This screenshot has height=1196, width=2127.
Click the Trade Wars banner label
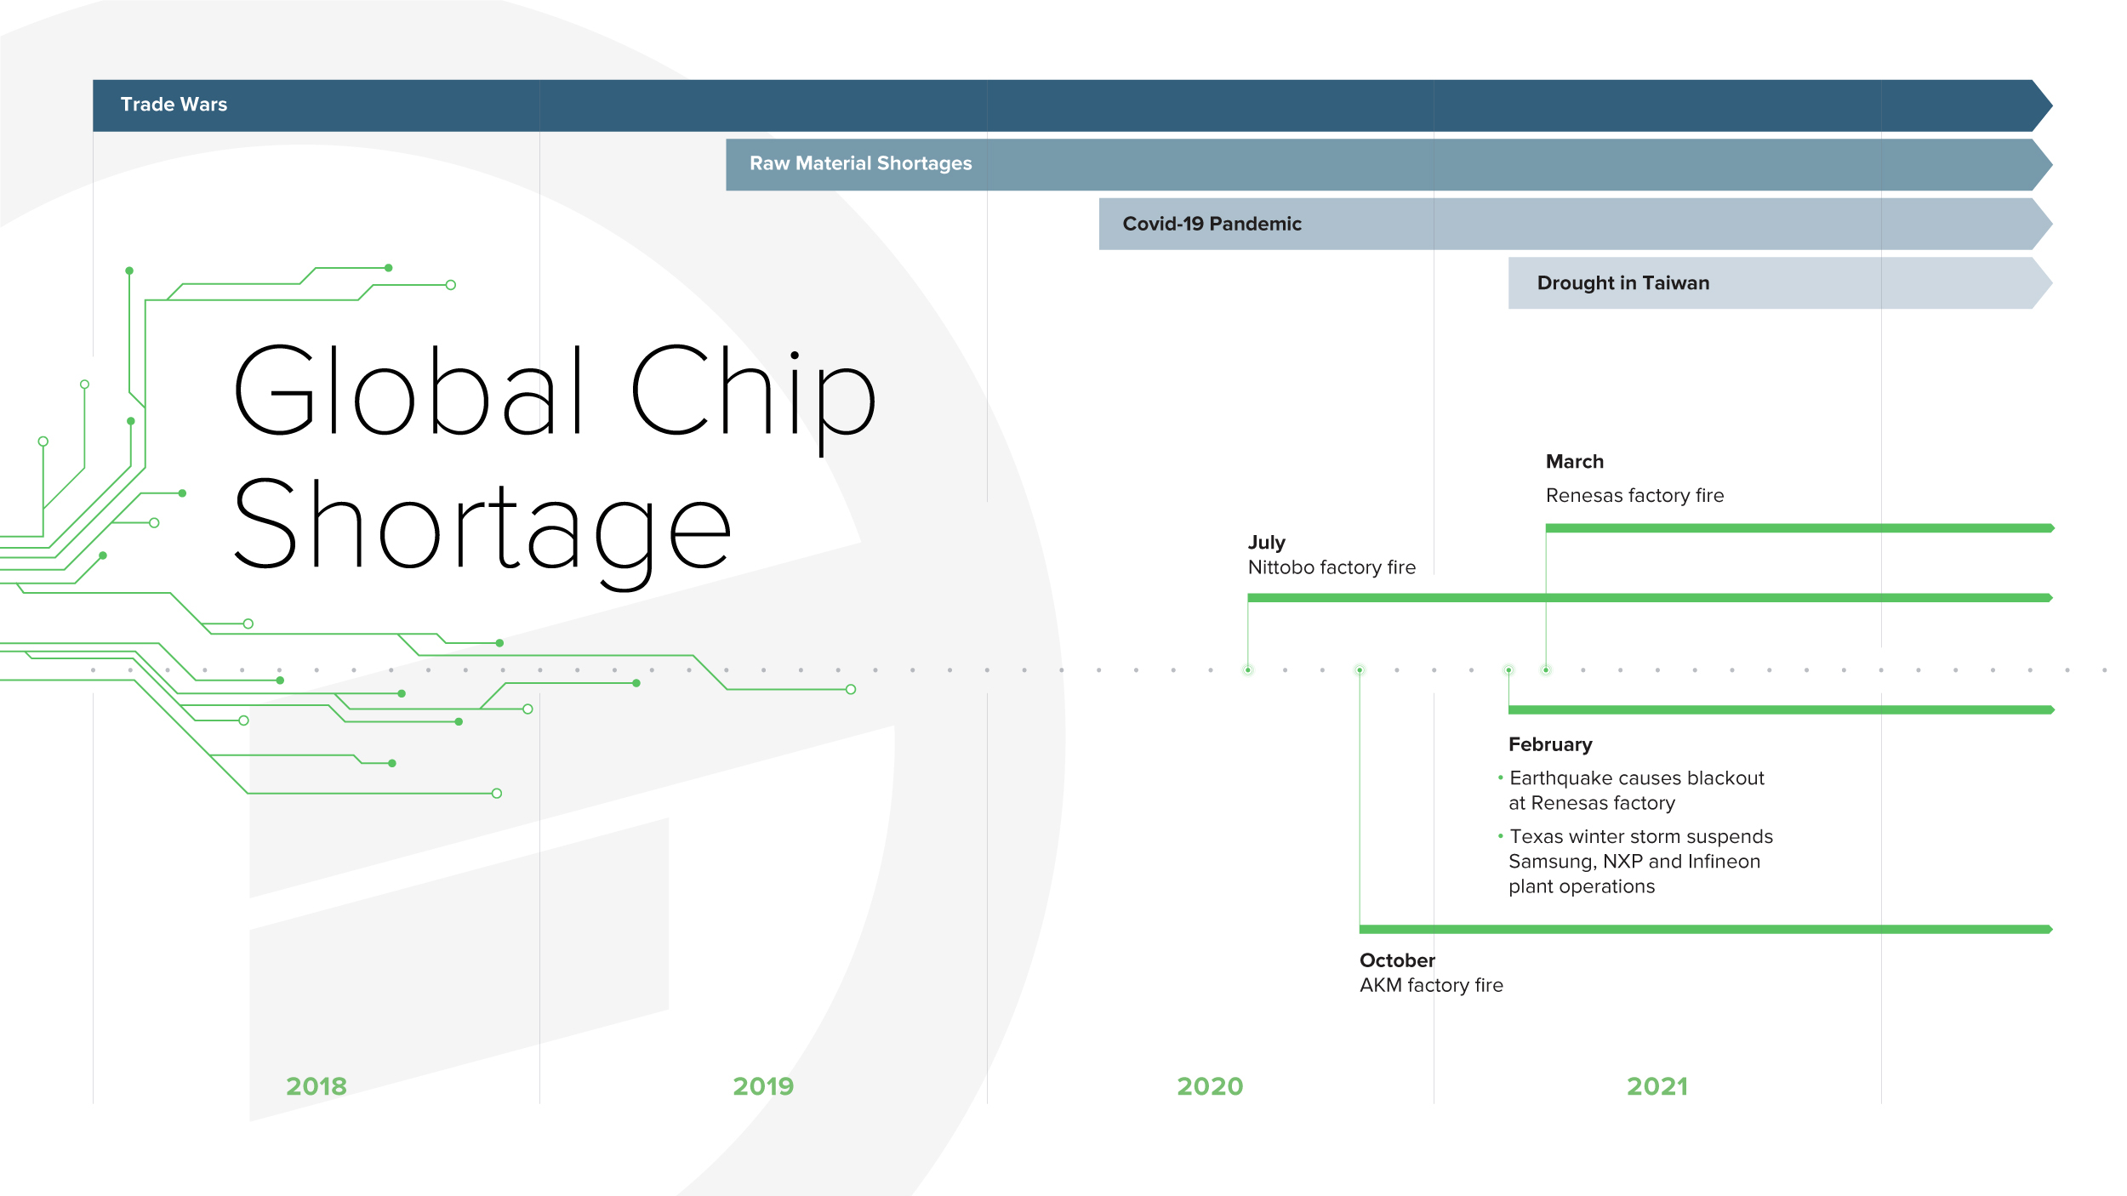(x=174, y=105)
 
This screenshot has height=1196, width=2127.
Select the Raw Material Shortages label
(x=860, y=163)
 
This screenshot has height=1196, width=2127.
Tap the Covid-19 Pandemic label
(x=1212, y=224)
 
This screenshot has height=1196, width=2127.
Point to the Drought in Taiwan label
(x=1622, y=283)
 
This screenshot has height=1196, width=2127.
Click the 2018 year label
(x=316, y=1086)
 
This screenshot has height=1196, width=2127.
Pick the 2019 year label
(x=763, y=1086)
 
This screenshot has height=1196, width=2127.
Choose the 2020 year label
(x=1210, y=1086)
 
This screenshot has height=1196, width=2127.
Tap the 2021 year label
(x=1657, y=1086)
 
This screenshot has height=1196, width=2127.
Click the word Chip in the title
(x=753, y=398)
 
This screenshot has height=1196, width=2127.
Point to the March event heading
(x=1574, y=462)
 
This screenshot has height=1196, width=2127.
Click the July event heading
(x=1266, y=543)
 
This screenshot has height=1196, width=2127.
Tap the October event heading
(x=1397, y=960)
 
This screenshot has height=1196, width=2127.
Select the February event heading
(x=1550, y=745)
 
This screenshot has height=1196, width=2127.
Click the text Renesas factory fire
(x=1634, y=496)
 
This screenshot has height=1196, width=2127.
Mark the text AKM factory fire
(x=1431, y=985)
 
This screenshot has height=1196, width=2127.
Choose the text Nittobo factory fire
(x=1332, y=567)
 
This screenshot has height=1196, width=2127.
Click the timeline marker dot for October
(x=1360, y=670)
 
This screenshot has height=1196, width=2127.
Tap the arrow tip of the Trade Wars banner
(x=2052, y=105)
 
